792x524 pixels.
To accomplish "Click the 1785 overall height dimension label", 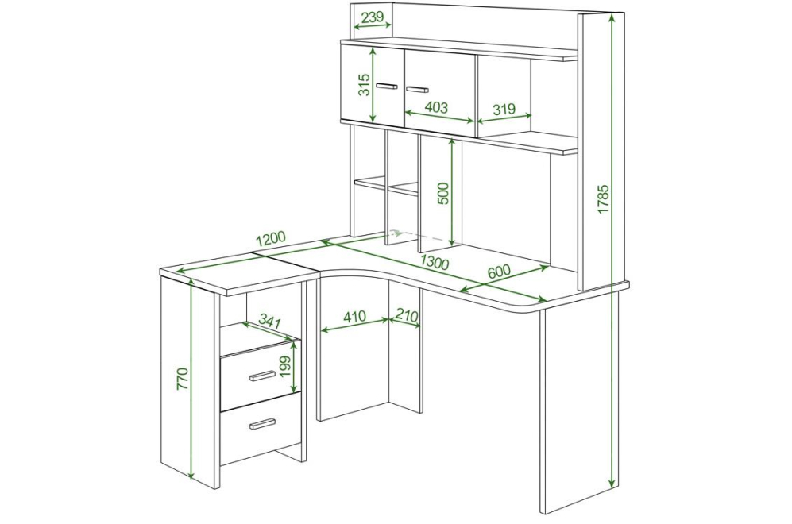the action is [x=603, y=199].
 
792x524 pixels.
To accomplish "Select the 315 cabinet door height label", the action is [x=365, y=85].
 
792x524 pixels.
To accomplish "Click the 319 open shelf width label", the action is [x=504, y=109].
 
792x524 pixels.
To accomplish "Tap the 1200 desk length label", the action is [x=271, y=239].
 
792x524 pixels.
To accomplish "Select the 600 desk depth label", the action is [x=499, y=272].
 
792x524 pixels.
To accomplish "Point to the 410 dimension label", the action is [x=354, y=317].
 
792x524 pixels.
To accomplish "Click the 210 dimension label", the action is [x=407, y=316].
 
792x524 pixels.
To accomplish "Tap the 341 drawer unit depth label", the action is [x=269, y=321].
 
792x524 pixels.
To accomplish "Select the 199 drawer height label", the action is [x=285, y=367].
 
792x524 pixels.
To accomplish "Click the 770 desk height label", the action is [x=183, y=379].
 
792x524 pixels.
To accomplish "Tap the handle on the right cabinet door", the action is [x=417, y=90].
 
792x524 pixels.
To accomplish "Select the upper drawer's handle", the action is [x=262, y=376].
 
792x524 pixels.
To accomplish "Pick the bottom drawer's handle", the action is [x=262, y=423].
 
